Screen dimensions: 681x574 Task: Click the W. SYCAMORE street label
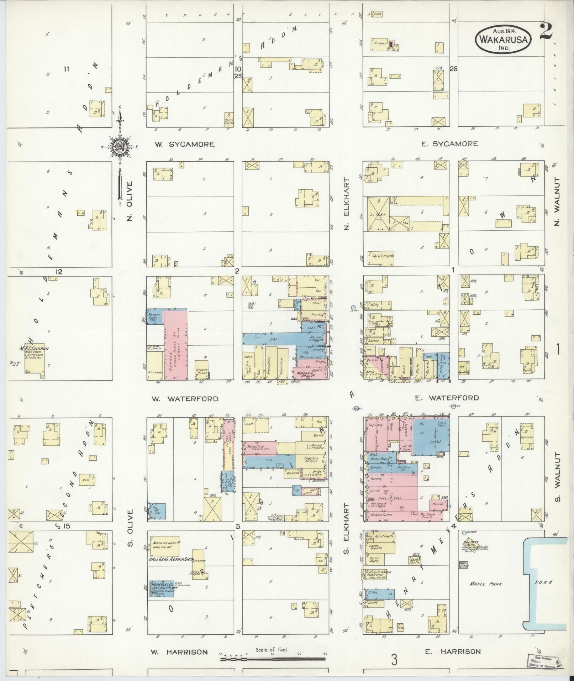click(x=185, y=144)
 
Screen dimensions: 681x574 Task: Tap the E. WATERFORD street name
click(x=447, y=398)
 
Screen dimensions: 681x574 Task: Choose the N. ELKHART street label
click(x=347, y=204)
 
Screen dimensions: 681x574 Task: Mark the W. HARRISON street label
click(x=179, y=652)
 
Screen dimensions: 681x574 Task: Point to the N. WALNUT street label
click(x=557, y=201)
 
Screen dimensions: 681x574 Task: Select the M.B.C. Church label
click(x=35, y=349)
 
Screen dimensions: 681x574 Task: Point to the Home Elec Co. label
click(x=163, y=585)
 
